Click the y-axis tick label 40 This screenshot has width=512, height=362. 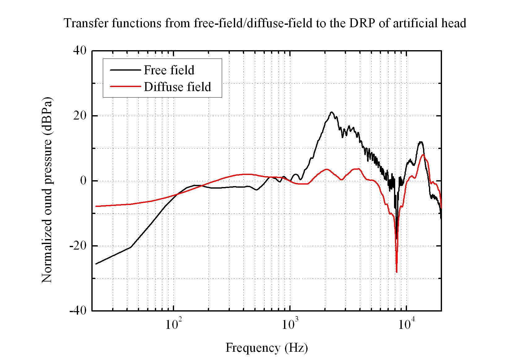tap(80, 50)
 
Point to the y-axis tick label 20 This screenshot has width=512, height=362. tap(80, 116)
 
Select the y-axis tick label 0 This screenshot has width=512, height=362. tap(83, 181)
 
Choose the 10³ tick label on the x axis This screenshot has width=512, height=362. tap(289, 324)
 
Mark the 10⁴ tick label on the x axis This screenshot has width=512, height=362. tap(406, 324)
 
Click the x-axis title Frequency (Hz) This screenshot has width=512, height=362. tap(266, 348)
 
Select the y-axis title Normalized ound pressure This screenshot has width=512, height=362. tap(47, 190)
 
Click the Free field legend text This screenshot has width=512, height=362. tap(169, 70)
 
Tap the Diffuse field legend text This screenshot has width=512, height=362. tap(177, 87)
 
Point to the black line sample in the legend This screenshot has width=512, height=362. tap(125, 70)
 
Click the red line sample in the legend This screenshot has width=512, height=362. tap(125, 86)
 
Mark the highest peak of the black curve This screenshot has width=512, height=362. tap(332, 112)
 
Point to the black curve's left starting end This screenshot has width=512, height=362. tap(96, 264)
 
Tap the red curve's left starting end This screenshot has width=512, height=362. tap(96, 206)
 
